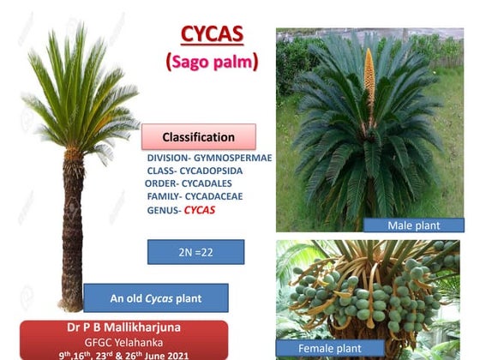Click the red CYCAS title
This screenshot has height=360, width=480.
[x=212, y=34]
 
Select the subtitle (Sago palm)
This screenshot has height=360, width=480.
[x=212, y=62]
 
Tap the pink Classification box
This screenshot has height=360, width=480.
[x=198, y=137]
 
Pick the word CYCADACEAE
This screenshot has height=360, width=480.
[x=219, y=196]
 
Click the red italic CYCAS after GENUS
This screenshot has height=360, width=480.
[x=200, y=209]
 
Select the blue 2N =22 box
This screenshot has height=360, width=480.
[x=195, y=251]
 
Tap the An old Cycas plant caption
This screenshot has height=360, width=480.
[x=155, y=298]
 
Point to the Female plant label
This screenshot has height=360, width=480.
[x=330, y=349]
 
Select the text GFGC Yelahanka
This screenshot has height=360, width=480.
[x=124, y=342]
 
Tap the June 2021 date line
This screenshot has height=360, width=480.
[x=124, y=354]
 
